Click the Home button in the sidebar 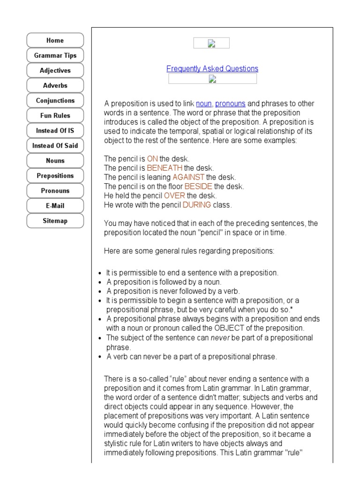(55, 40)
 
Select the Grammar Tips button (55, 55)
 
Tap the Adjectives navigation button (55, 70)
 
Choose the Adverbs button (55, 85)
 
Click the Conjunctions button (55, 100)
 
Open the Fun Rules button (55, 115)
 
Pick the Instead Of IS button (55, 130)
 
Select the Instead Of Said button (55, 145)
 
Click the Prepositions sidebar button (55, 175)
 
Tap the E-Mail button (55, 205)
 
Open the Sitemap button (55, 220)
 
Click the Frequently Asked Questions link (212, 69)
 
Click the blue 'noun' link (204, 104)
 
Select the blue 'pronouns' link (230, 104)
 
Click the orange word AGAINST (188, 177)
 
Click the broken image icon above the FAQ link (211, 44)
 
